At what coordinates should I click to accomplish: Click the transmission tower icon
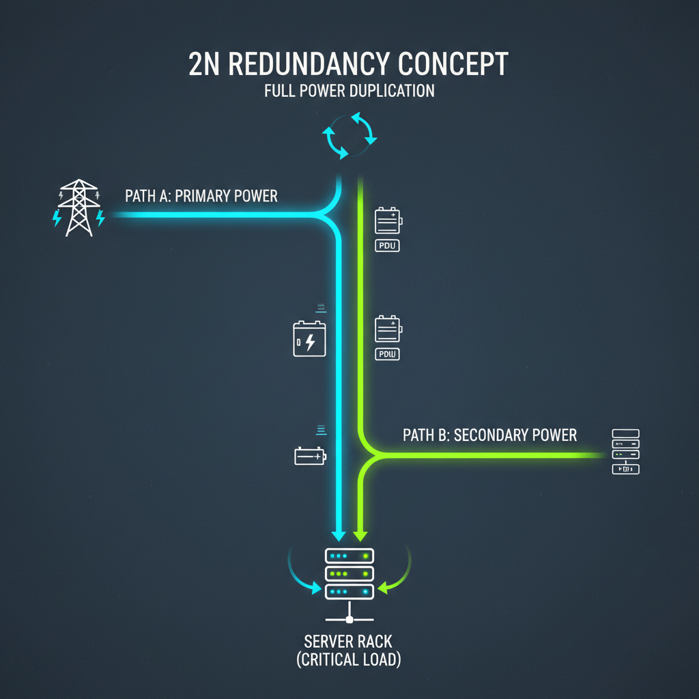coord(79,208)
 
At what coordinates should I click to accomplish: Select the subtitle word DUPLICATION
coord(392,91)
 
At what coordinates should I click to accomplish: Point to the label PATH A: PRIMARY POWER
coord(201,196)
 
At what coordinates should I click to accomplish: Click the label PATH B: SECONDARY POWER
coord(489,435)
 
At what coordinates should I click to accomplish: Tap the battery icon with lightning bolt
coord(309,339)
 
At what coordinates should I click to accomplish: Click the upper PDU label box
coord(388,246)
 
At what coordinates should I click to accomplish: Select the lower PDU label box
coord(388,354)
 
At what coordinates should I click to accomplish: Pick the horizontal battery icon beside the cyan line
coord(311,456)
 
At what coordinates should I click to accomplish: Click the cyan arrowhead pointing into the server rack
coord(339,535)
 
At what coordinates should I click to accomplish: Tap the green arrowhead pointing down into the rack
coord(360,535)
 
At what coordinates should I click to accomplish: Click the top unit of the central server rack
coord(349,556)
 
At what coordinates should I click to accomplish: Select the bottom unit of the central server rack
coord(349,592)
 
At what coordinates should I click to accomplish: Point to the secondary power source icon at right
coord(626,452)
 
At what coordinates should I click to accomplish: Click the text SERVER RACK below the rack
coord(348,642)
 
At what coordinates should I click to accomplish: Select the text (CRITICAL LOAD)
coord(349,659)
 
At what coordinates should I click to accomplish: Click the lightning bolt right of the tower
coord(100,218)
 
